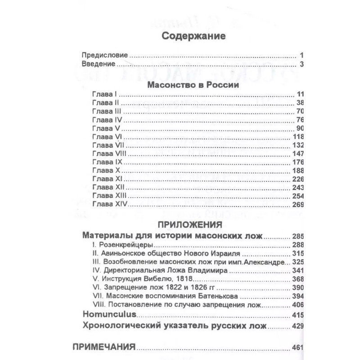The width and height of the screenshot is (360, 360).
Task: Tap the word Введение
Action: click(x=98, y=65)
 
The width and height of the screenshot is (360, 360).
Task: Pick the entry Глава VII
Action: click(x=108, y=145)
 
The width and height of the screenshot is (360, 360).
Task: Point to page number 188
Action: click(x=298, y=171)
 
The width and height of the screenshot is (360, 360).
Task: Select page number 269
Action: click(x=298, y=205)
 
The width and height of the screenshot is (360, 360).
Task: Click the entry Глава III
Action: click(x=106, y=111)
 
